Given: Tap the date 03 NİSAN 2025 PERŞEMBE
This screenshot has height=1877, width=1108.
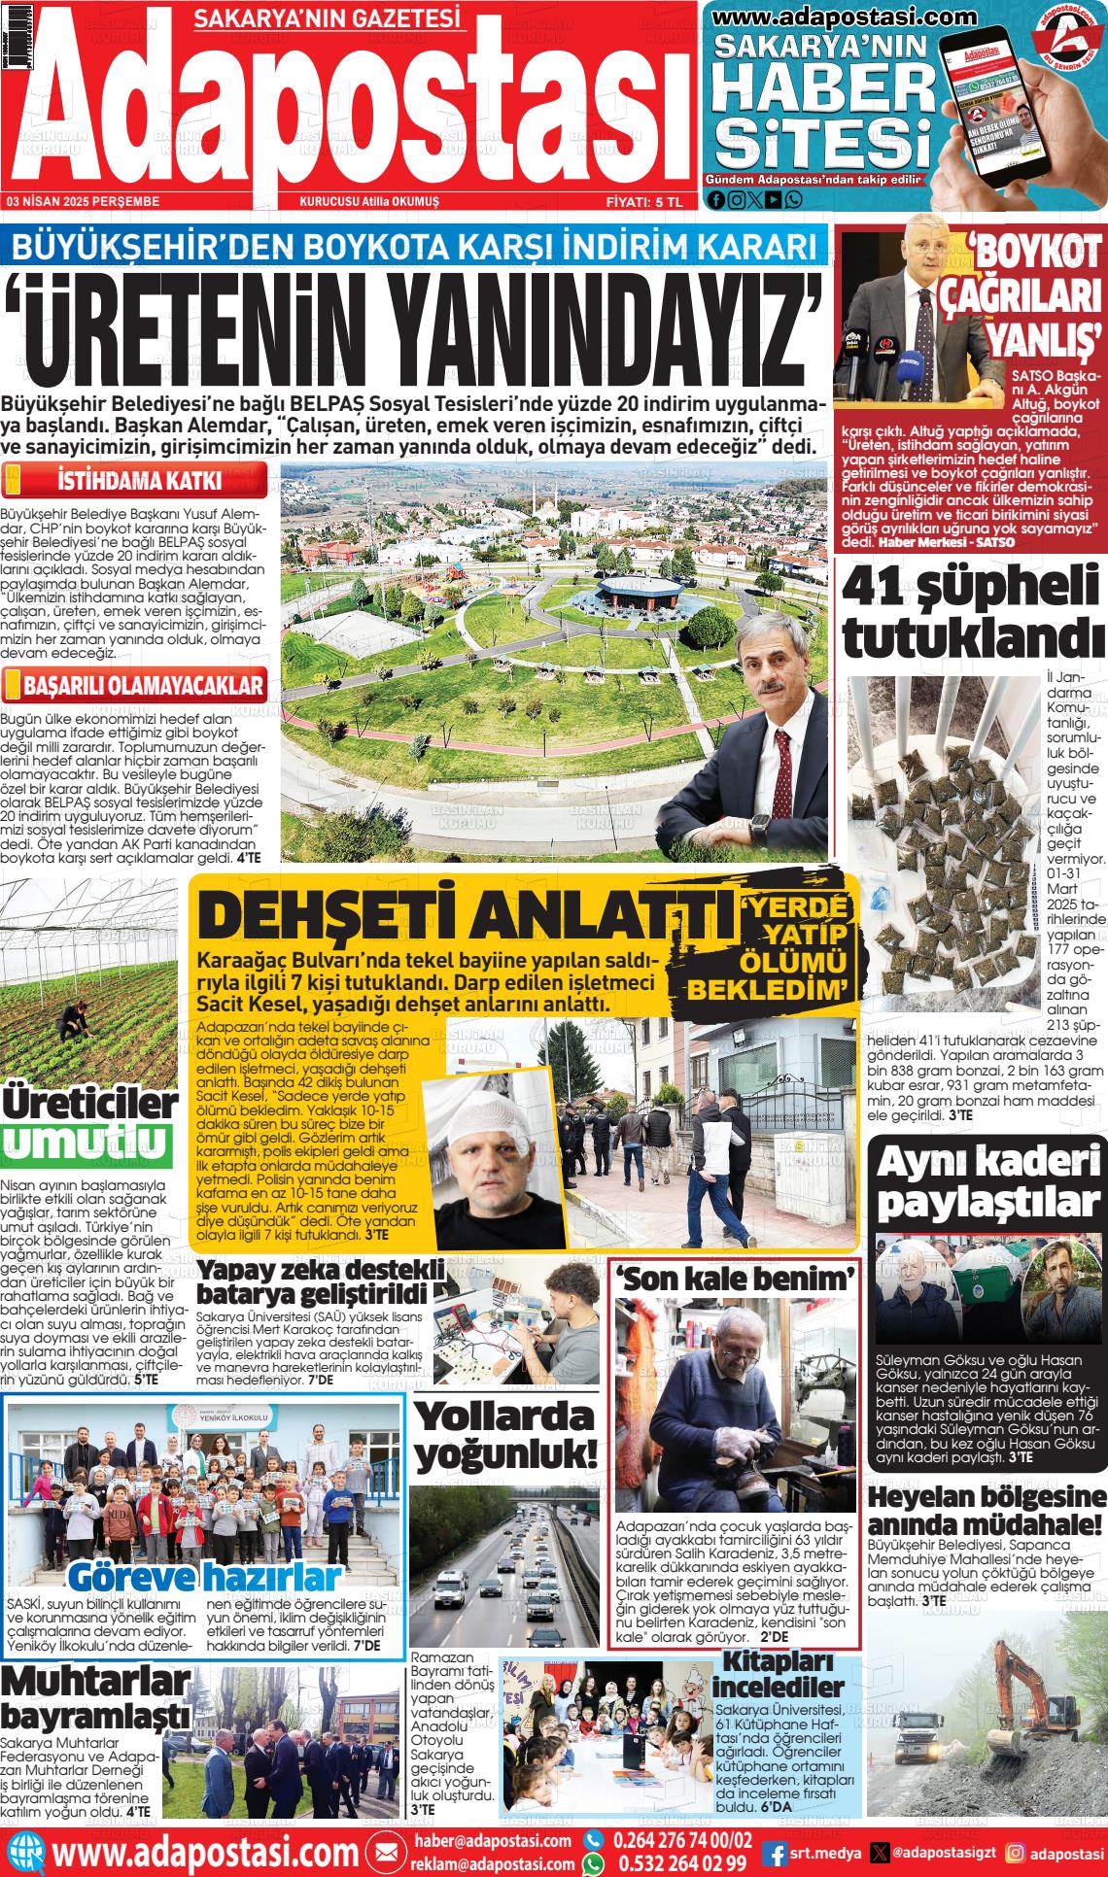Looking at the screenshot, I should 83,201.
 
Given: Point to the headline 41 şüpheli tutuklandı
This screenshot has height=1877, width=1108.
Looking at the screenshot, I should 972,612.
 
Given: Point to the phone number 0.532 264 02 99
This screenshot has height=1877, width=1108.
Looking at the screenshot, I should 678,1862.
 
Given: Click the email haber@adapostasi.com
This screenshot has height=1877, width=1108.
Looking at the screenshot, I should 492,1840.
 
